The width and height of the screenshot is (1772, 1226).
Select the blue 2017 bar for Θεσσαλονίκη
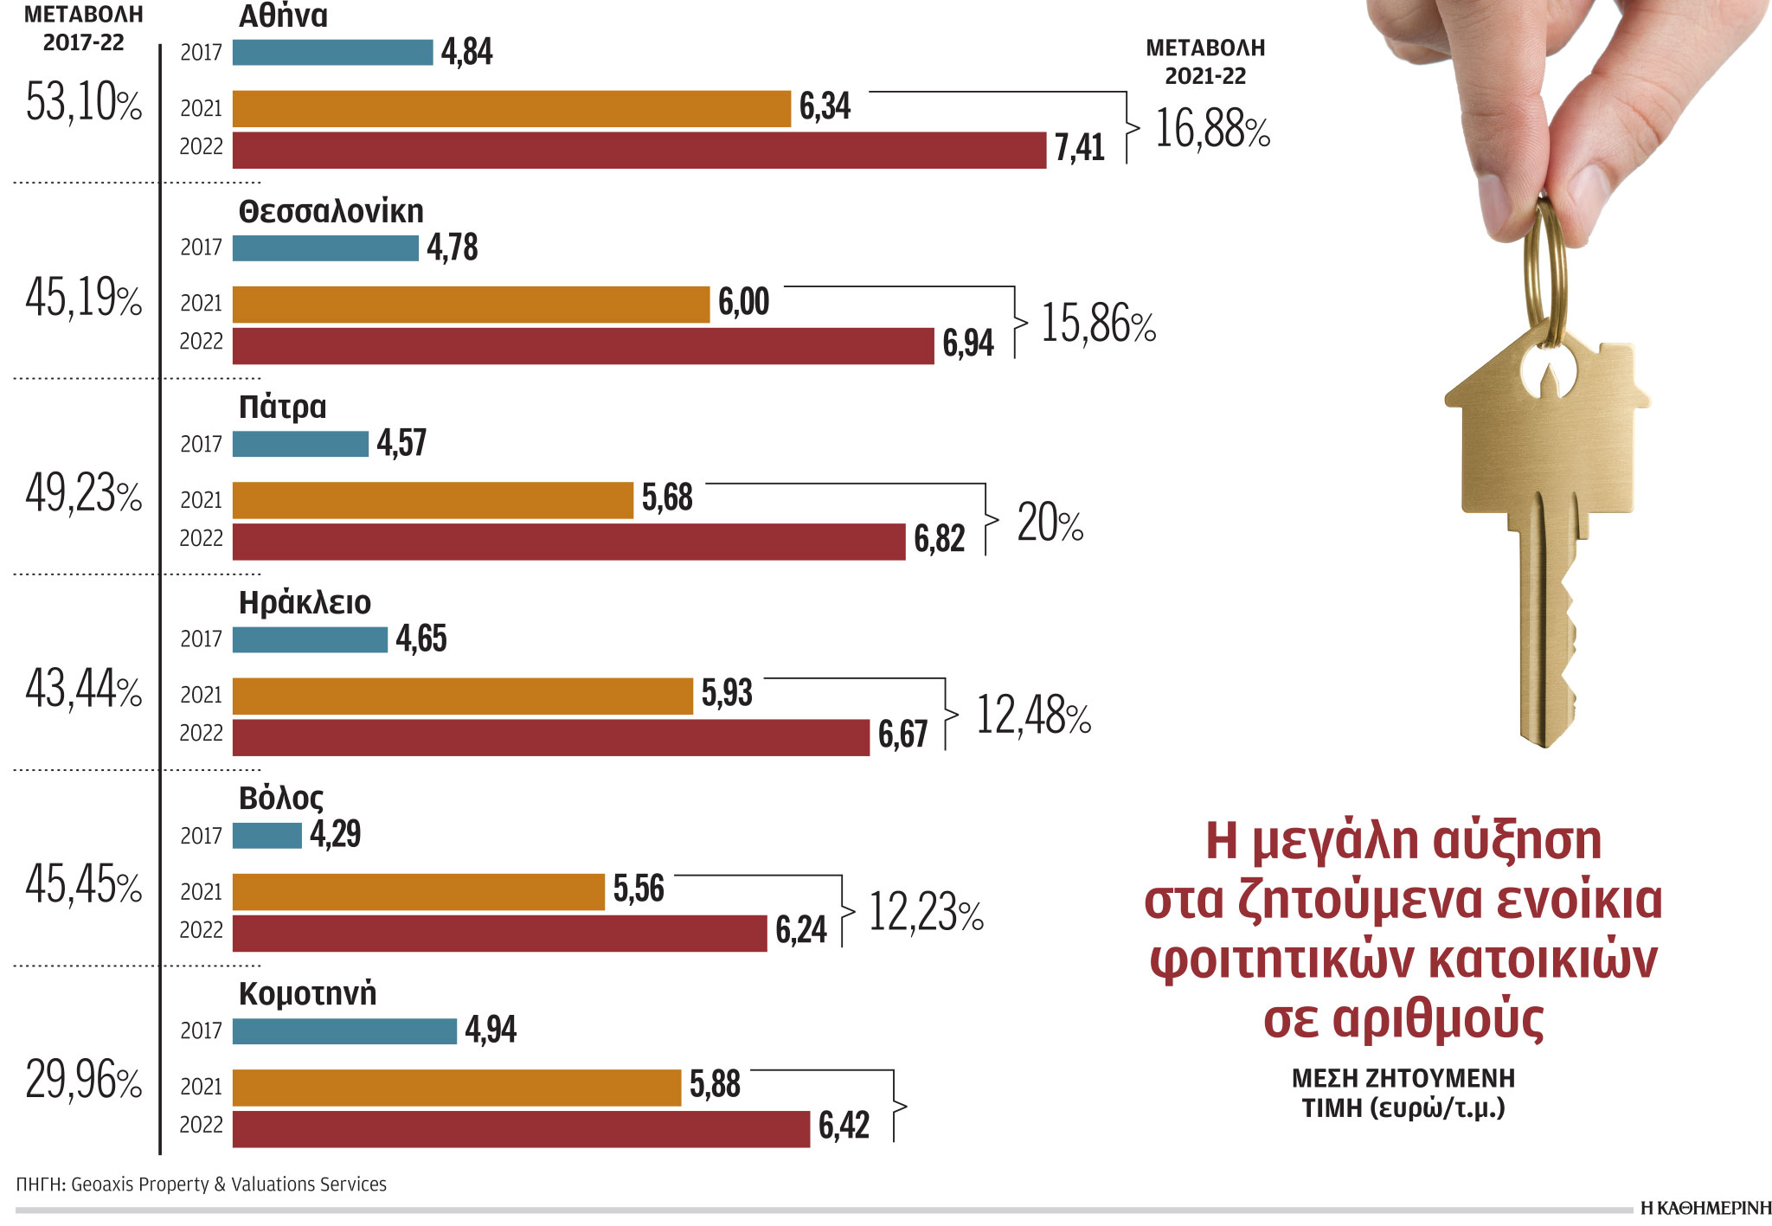tap(325, 248)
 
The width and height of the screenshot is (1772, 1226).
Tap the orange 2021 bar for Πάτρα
tap(433, 500)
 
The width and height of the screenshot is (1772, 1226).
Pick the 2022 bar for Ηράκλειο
tap(550, 737)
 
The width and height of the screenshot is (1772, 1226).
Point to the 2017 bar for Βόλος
tap(266, 836)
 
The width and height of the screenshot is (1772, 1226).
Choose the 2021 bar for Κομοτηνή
tap(457, 1088)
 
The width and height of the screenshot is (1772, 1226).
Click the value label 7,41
tap(1079, 148)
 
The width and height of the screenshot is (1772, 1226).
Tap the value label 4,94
tap(491, 1030)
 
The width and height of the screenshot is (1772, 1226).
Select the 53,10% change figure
tap(84, 102)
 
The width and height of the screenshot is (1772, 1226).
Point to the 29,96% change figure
tap(84, 1081)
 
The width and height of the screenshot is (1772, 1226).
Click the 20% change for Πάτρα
tap(1050, 523)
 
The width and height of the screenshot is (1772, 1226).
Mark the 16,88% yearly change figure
tap(1212, 129)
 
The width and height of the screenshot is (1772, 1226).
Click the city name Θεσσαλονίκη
tap(331, 211)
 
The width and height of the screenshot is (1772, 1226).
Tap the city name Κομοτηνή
tap(307, 993)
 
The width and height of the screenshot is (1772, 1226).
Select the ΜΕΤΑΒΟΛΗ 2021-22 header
tap(1205, 61)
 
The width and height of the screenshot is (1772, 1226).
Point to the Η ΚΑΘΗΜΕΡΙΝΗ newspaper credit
tap(1705, 1208)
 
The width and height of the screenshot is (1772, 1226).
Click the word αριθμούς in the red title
tap(1403, 1018)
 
